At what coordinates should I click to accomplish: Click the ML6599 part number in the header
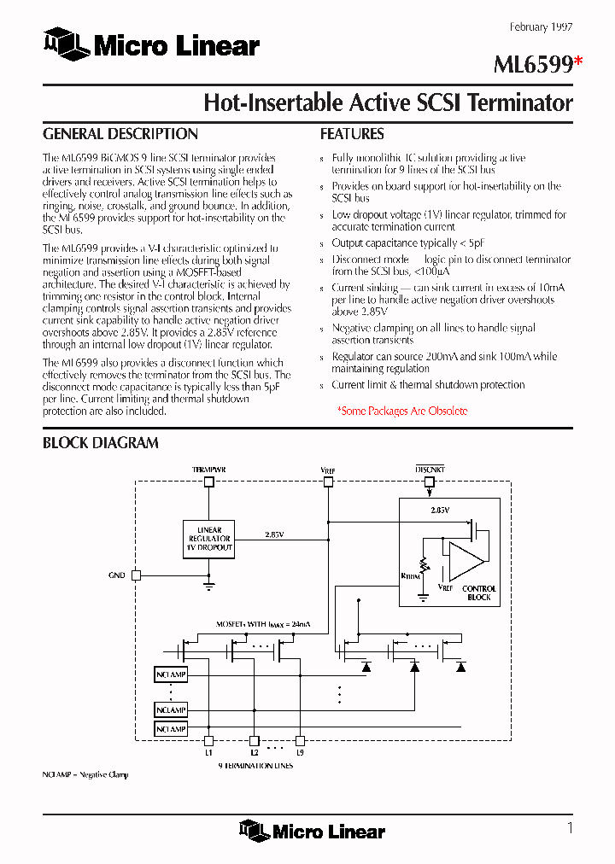point(533,66)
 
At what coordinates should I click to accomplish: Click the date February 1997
point(542,27)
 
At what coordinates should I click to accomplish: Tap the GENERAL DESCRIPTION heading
point(120,134)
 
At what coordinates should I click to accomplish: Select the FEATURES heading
point(352,134)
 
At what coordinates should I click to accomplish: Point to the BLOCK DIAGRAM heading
point(101,442)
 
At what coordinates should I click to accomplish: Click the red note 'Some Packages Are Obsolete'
point(402,411)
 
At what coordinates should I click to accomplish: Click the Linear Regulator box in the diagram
point(209,540)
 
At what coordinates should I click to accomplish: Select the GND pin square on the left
point(136,575)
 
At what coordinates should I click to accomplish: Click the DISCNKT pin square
point(429,482)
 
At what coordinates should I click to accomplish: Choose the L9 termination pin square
point(300,741)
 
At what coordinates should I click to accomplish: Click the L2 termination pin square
point(254,741)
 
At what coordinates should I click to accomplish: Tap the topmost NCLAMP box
point(171,674)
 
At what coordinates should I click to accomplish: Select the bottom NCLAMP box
point(171,728)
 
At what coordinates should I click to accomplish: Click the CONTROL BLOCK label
point(479,593)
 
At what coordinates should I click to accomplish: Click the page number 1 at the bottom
point(570,827)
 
